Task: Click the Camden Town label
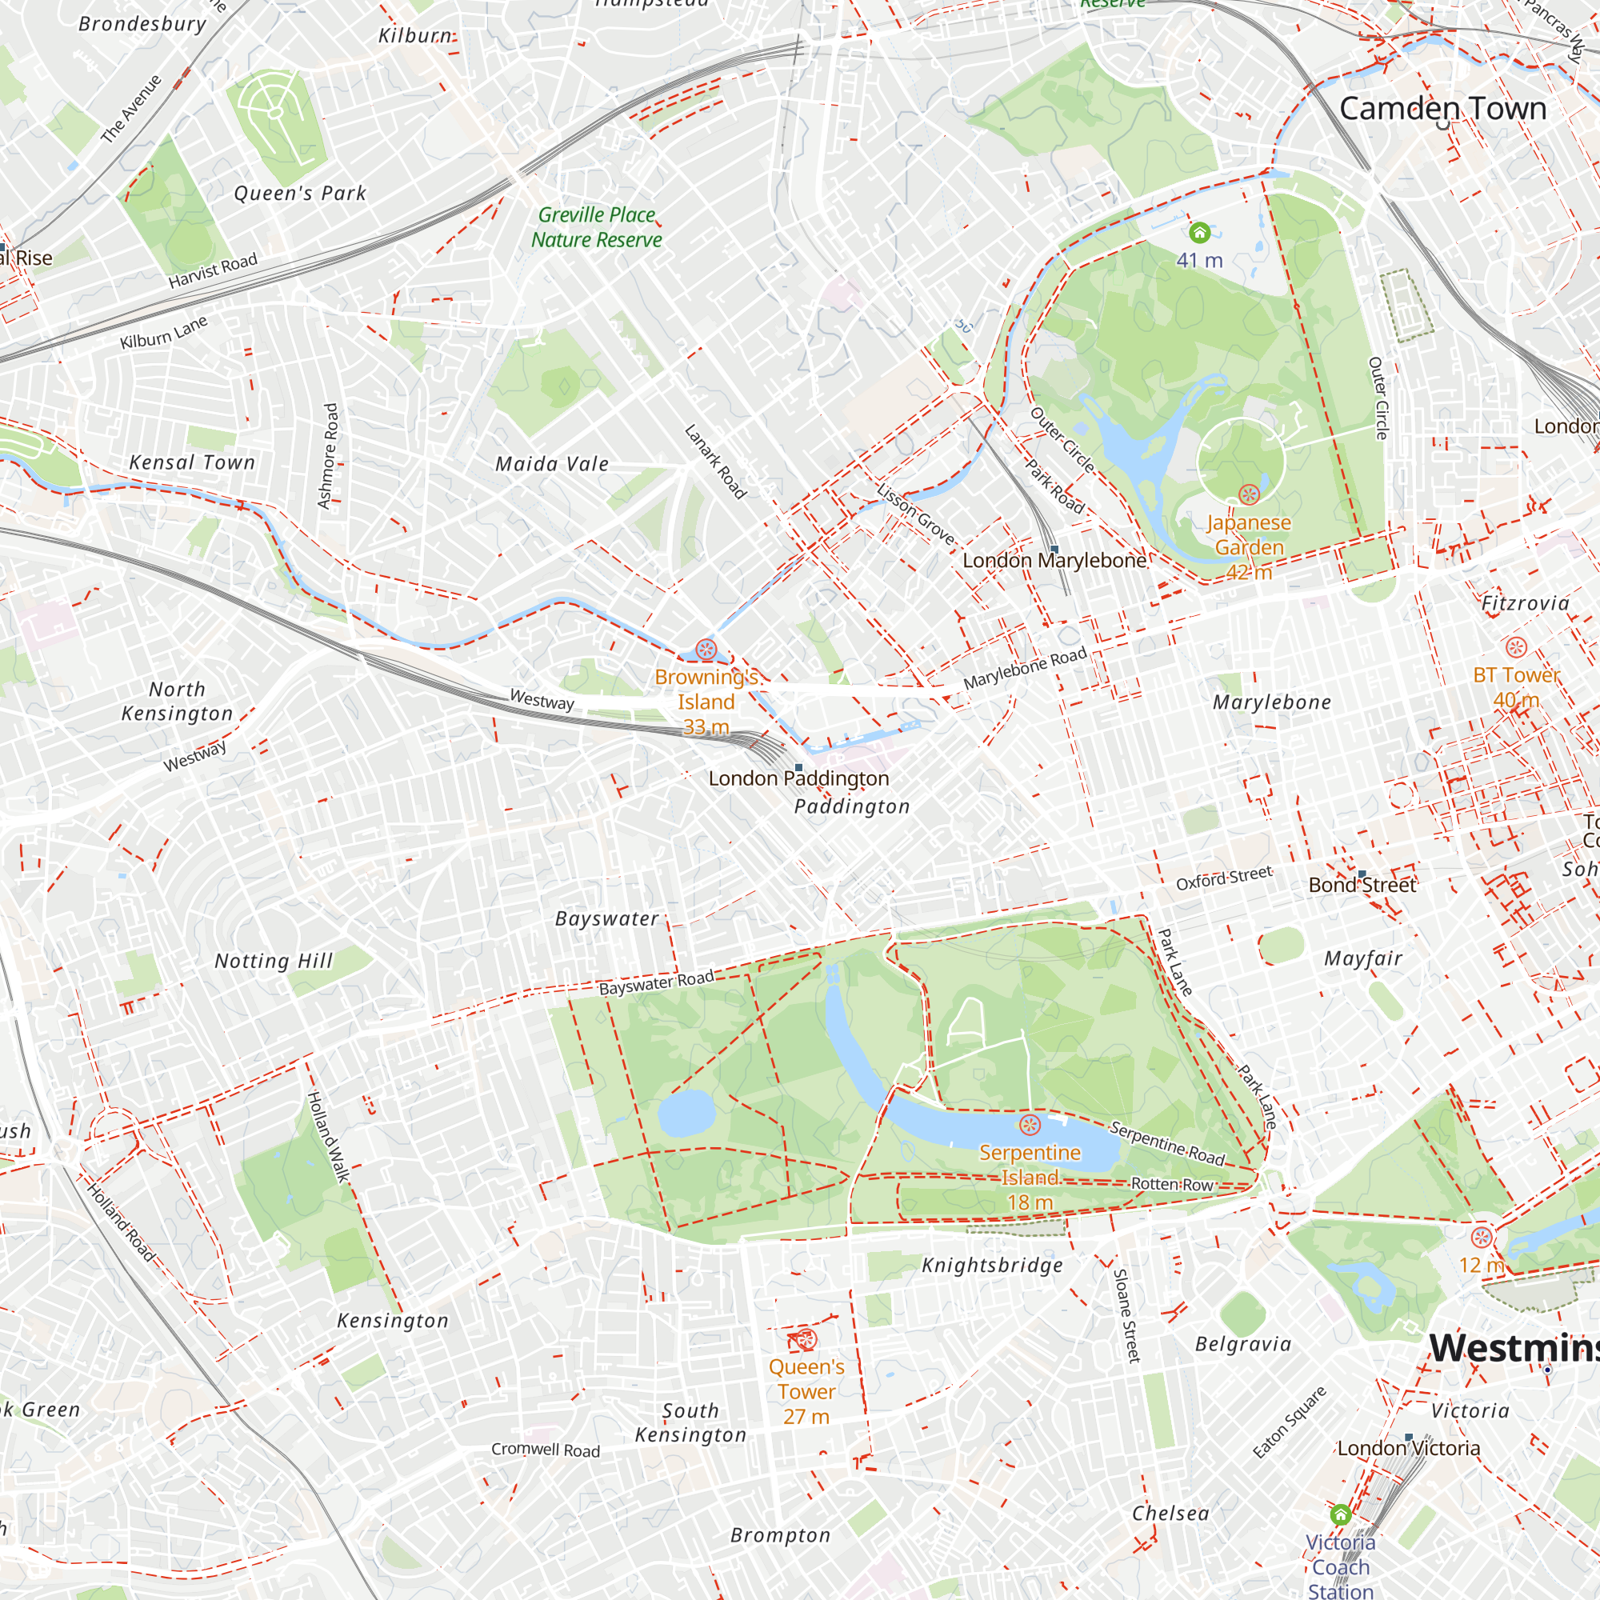tap(1442, 109)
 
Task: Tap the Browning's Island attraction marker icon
tap(706, 649)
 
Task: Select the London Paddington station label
tap(798, 778)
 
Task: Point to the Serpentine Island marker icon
tap(1030, 1125)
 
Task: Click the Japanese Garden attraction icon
tap(1249, 494)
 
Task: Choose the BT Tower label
tap(1516, 676)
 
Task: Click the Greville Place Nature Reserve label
tap(596, 227)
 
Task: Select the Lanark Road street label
tap(715, 462)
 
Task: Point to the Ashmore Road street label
tap(329, 455)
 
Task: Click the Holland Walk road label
tap(329, 1136)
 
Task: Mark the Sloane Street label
tap(1127, 1316)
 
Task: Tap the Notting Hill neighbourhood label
tap(274, 961)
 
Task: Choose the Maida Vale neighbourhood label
tap(551, 464)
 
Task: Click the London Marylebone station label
tap(1054, 561)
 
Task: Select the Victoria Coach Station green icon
tap(1341, 1515)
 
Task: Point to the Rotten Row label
tap(1172, 1185)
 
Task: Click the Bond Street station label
tap(1362, 885)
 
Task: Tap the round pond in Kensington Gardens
tap(686, 1112)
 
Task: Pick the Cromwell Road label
tap(545, 1450)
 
